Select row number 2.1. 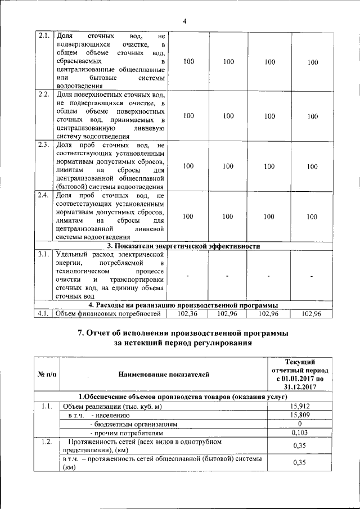click(43, 35)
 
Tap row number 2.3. click(43, 145)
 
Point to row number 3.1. click(43, 255)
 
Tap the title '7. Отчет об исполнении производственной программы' click(184, 333)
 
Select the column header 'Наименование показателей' click(163, 373)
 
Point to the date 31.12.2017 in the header click(299, 386)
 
